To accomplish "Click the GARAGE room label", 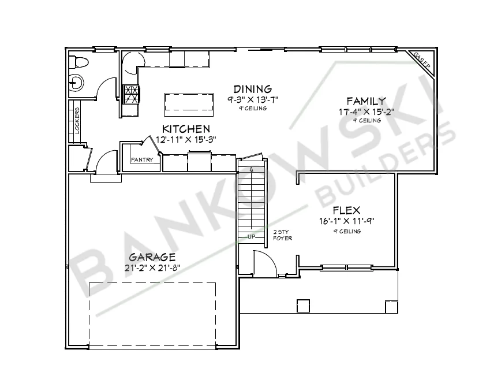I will point(152,257).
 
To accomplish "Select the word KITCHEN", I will point(186,129).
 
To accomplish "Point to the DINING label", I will point(252,89).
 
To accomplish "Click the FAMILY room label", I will point(366,101).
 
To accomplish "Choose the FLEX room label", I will point(346,210).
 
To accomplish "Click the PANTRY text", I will point(142,160).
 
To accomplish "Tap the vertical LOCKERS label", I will point(77,121).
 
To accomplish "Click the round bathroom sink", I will point(76,81).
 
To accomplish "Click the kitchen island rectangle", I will point(190,103).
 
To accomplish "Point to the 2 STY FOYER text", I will point(282,235).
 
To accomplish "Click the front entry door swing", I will point(264,264).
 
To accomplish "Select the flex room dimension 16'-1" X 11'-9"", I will point(346,221).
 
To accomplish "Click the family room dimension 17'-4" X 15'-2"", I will point(366,112).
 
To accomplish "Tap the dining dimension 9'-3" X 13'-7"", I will point(252,99).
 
